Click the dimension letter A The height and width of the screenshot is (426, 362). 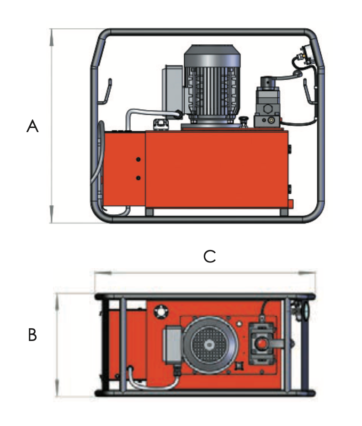(32, 126)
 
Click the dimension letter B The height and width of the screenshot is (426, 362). (32, 335)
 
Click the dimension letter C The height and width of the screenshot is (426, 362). (210, 257)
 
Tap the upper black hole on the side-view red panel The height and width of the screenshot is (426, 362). (138, 159)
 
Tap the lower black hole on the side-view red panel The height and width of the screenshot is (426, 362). (138, 177)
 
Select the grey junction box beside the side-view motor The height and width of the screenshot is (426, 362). (173, 87)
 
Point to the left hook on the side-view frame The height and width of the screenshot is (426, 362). (107, 91)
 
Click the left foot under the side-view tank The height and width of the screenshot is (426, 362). (150, 213)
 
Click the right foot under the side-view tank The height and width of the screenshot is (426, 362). (284, 213)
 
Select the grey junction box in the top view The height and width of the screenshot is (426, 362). (173, 344)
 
